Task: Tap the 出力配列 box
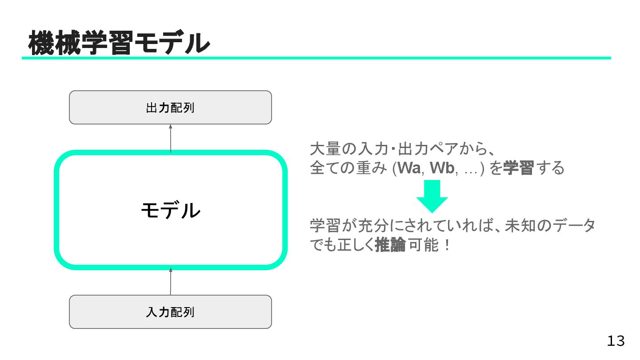click(x=170, y=108)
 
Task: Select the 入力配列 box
click(x=170, y=312)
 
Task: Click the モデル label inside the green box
click(x=170, y=210)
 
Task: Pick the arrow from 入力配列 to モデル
click(x=170, y=281)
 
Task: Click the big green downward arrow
click(x=432, y=196)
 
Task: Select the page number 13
click(x=616, y=341)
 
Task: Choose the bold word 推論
click(x=390, y=245)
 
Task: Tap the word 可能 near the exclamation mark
click(x=424, y=245)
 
